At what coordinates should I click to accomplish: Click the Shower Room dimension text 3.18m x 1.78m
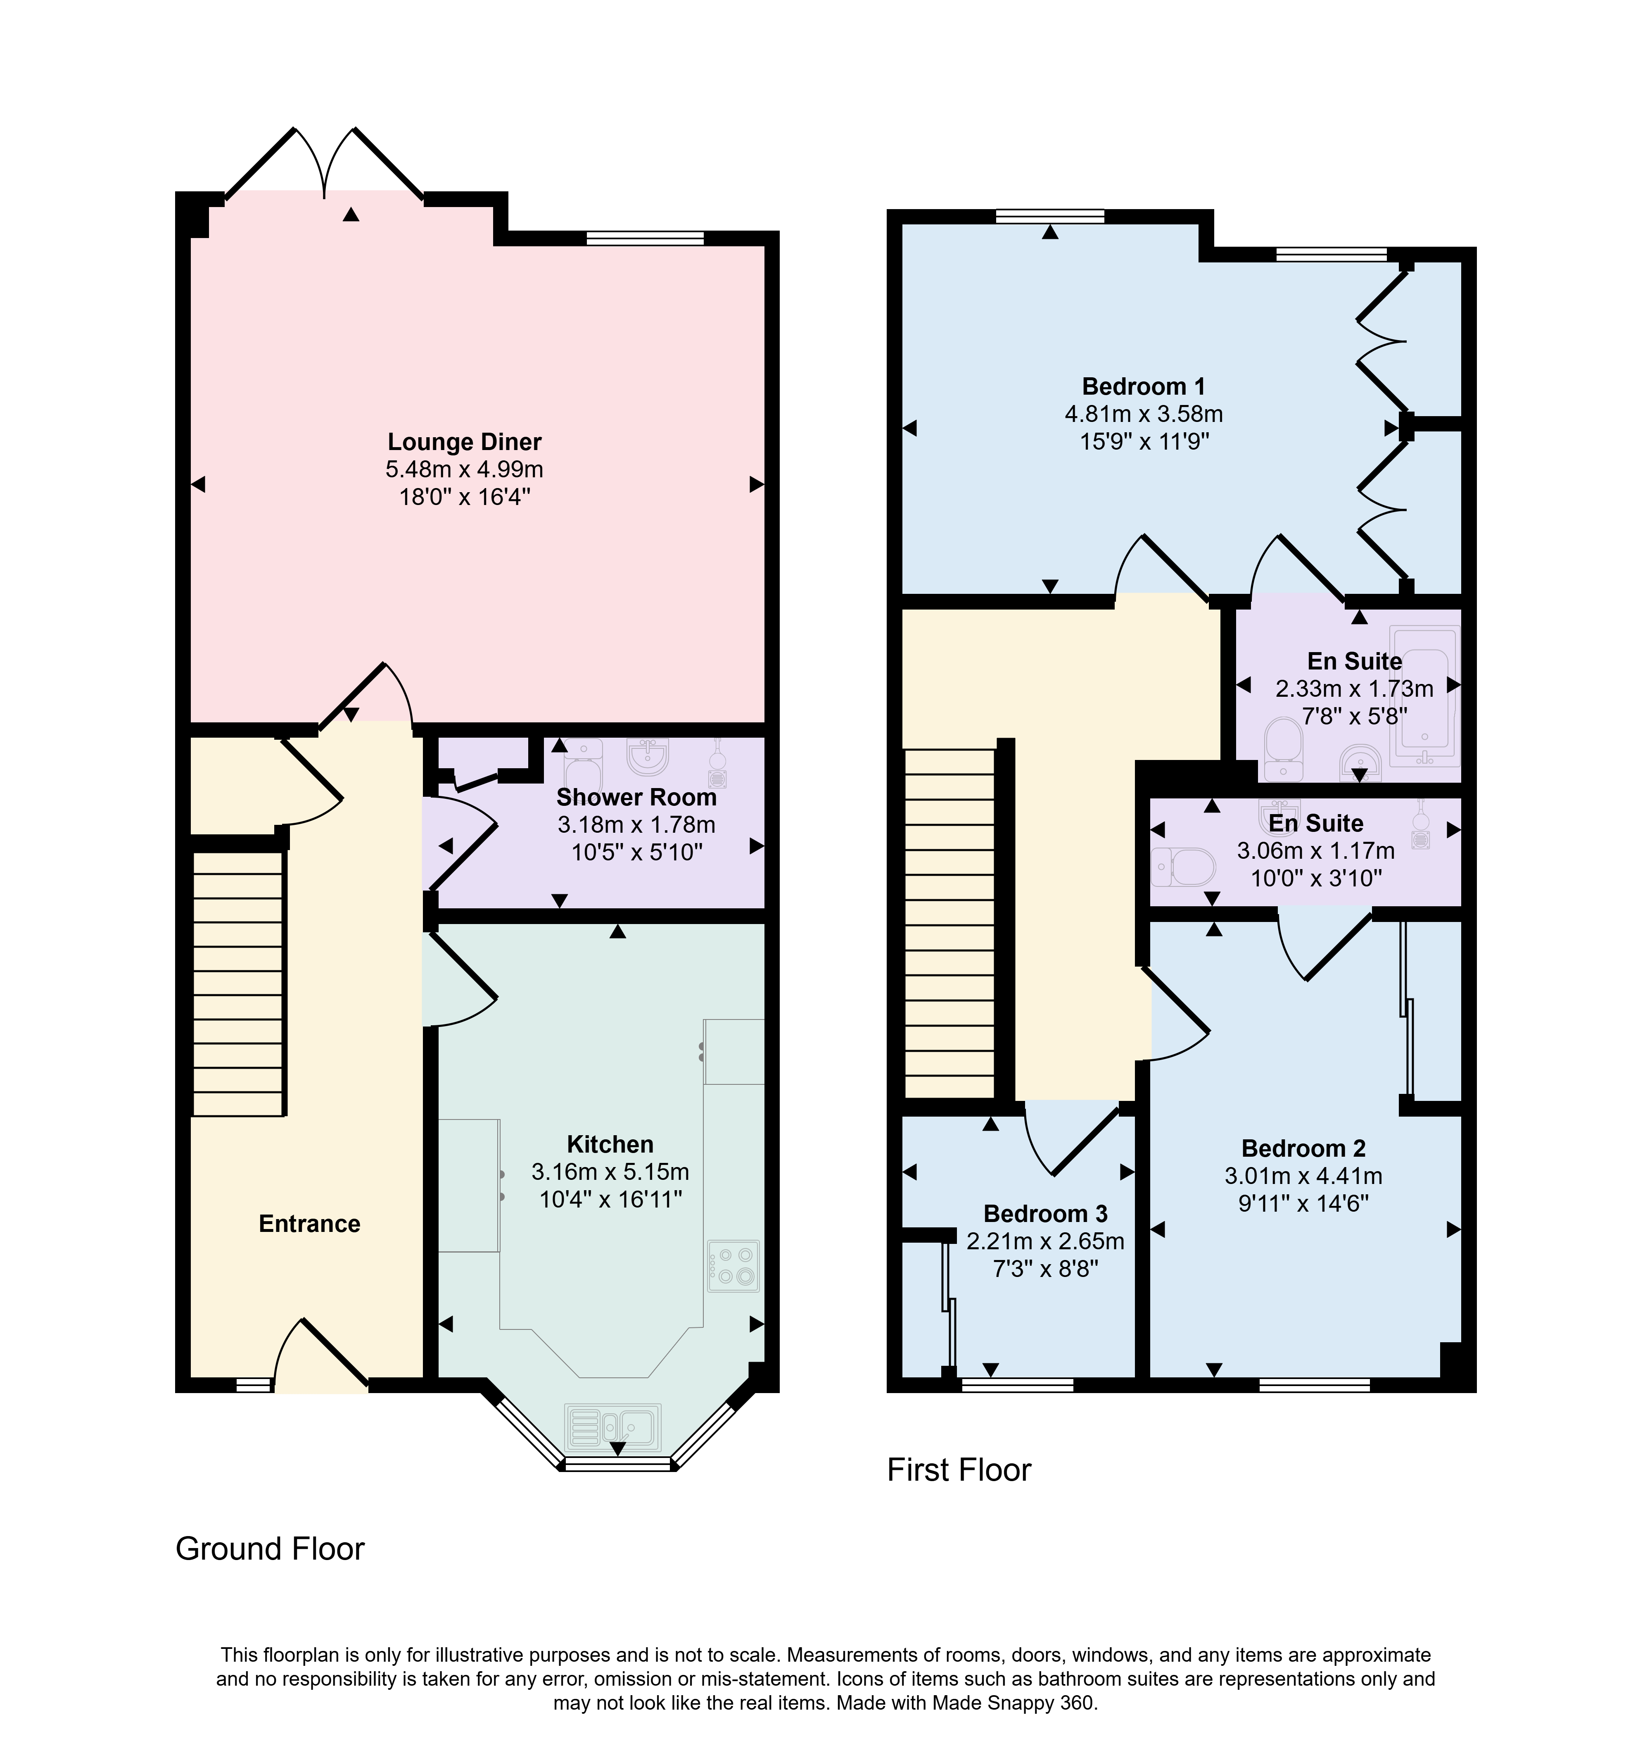click(636, 824)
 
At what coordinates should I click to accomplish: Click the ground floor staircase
click(238, 982)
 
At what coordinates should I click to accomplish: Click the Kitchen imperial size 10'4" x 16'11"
click(610, 1199)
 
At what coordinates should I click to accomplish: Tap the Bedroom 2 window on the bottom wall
click(1315, 1385)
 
